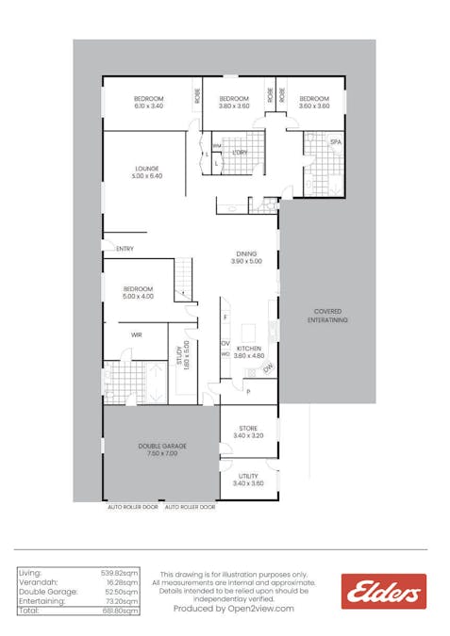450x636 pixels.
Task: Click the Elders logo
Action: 383,592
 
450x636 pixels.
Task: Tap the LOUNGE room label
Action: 148,169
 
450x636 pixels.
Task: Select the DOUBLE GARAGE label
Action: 161,446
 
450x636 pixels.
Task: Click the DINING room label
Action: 245,253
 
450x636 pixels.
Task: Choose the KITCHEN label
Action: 249,348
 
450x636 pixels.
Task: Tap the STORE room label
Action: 248,428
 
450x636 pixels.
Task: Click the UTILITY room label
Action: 248,476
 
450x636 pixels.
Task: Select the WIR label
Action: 137,334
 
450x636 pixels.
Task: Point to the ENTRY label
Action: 125,249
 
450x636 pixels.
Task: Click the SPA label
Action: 335,141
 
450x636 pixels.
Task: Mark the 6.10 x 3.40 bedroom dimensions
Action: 149,106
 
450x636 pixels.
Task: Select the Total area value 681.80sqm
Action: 120,611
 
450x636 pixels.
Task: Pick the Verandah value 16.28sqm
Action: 122,582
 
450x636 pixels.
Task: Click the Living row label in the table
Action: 30,573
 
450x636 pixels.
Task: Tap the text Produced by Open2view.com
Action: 233,609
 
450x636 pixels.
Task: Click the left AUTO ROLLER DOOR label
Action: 134,507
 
